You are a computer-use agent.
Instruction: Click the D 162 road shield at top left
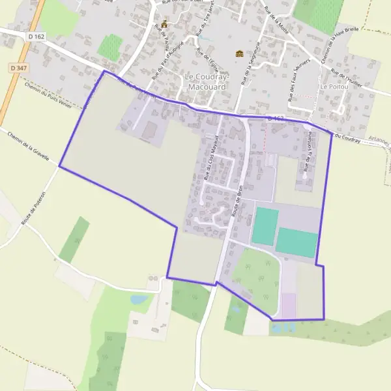point(36,37)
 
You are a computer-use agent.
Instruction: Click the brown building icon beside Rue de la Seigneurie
point(239,53)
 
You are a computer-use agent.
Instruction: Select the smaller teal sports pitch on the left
point(265,226)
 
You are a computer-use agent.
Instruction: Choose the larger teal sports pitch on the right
point(297,242)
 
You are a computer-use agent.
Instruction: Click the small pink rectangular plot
point(289,305)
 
